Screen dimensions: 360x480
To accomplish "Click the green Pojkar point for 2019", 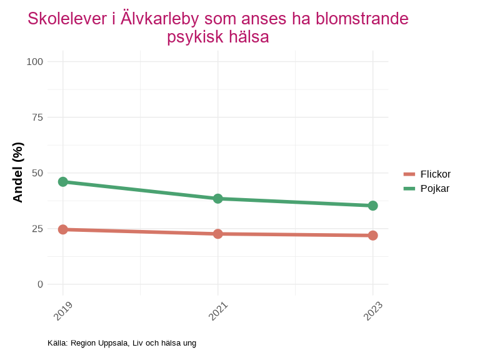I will point(62,182).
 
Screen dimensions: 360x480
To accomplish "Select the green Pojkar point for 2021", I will point(217,199).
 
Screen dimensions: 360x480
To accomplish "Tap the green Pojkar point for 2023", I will point(372,206).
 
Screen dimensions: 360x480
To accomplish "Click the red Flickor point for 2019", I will point(62,229).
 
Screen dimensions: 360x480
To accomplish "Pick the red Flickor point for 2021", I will point(217,234).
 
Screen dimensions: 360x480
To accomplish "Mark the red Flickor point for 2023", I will point(372,236).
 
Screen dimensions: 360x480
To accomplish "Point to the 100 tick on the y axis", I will point(35,61).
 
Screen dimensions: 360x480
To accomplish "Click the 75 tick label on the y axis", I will point(37,117).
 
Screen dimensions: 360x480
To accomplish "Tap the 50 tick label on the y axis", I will point(37,173).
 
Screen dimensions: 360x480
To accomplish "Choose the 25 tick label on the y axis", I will point(37,229).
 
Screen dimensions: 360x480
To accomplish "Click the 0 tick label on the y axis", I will point(41,284).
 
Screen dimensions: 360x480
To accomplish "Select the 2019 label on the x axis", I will point(63,311).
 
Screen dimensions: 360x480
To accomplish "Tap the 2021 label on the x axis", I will point(218,311).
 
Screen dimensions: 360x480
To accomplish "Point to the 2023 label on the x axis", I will point(373,311).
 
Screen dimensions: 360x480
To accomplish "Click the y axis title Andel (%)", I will point(18,172).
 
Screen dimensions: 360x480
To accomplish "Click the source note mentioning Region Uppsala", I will point(122,343).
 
